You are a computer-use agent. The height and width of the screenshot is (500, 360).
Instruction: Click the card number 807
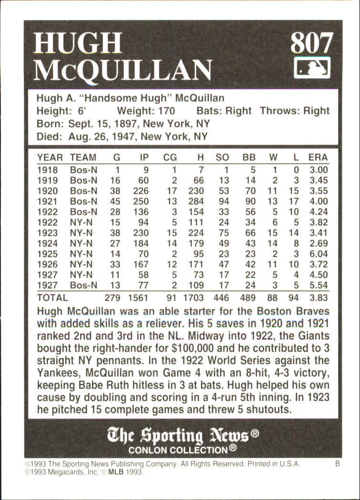coord(311,44)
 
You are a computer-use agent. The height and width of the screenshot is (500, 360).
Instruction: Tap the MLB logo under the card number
coord(312,68)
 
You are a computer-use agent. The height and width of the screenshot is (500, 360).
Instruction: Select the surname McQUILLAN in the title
coord(123,70)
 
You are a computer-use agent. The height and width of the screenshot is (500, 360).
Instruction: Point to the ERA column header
coord(318,158)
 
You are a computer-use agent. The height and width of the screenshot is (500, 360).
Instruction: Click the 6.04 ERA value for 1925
coord(318,254)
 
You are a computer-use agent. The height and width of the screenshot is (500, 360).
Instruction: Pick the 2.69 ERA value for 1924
coord(318,243)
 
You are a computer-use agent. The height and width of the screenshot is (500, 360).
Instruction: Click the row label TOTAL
coord(52,298)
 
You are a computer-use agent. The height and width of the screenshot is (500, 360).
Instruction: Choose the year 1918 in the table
coord(47,170)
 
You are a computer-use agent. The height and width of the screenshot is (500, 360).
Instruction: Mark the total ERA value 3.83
coord(318,298)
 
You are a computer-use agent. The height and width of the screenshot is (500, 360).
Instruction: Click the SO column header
coord(222,158)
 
